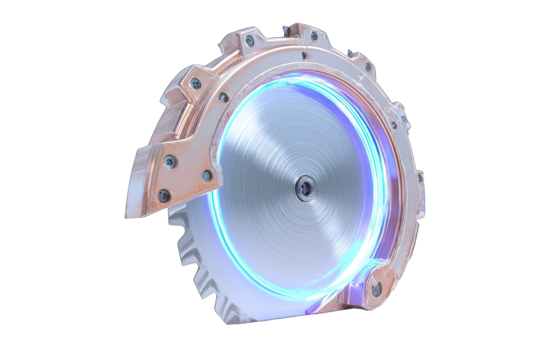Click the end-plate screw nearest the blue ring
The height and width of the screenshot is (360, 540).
[207, 177]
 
